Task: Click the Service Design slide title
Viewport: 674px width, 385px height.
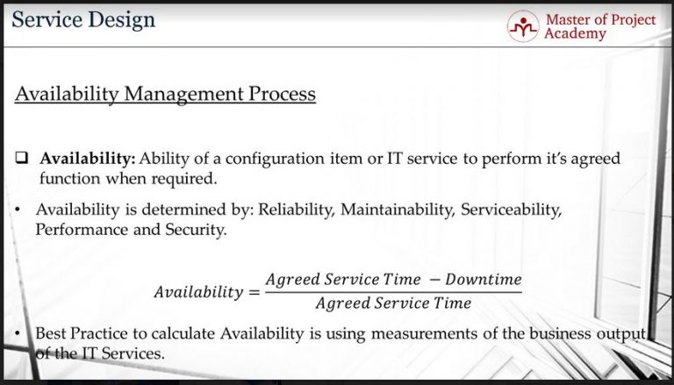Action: [83, 19]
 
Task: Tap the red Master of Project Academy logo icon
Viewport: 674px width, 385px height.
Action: [523, 26]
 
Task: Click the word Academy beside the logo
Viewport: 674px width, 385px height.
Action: [575, 34]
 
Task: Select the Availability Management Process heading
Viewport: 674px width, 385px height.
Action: [165, 93]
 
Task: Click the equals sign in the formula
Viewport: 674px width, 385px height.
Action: [255, 292]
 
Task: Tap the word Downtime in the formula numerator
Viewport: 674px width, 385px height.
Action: [483, 280]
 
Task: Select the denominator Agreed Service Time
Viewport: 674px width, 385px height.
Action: [392, 303]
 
